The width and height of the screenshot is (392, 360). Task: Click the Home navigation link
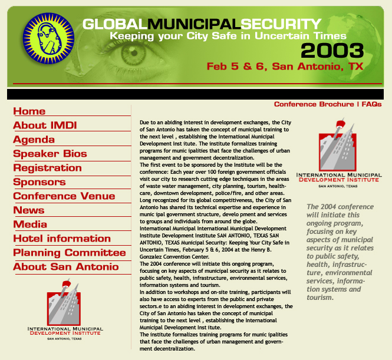point(29,111)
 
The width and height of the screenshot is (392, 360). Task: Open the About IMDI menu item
point(45,125)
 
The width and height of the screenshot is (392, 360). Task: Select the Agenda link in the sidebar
point(34,140)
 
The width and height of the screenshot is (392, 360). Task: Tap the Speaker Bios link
point(50,154)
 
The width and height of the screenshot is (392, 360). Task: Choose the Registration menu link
point(48,168)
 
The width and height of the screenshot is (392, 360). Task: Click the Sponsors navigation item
point(39,182)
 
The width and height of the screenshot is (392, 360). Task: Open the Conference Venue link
point(64,196)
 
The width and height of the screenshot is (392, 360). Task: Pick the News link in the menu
point(29,210)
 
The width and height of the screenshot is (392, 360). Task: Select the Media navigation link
point(30,224)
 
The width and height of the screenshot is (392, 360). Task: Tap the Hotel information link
point(62,239)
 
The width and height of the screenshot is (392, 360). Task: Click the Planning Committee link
point(70,253)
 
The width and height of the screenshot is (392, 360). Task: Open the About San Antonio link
point(66,267)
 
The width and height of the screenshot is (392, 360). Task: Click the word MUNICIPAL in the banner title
point(193,24)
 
